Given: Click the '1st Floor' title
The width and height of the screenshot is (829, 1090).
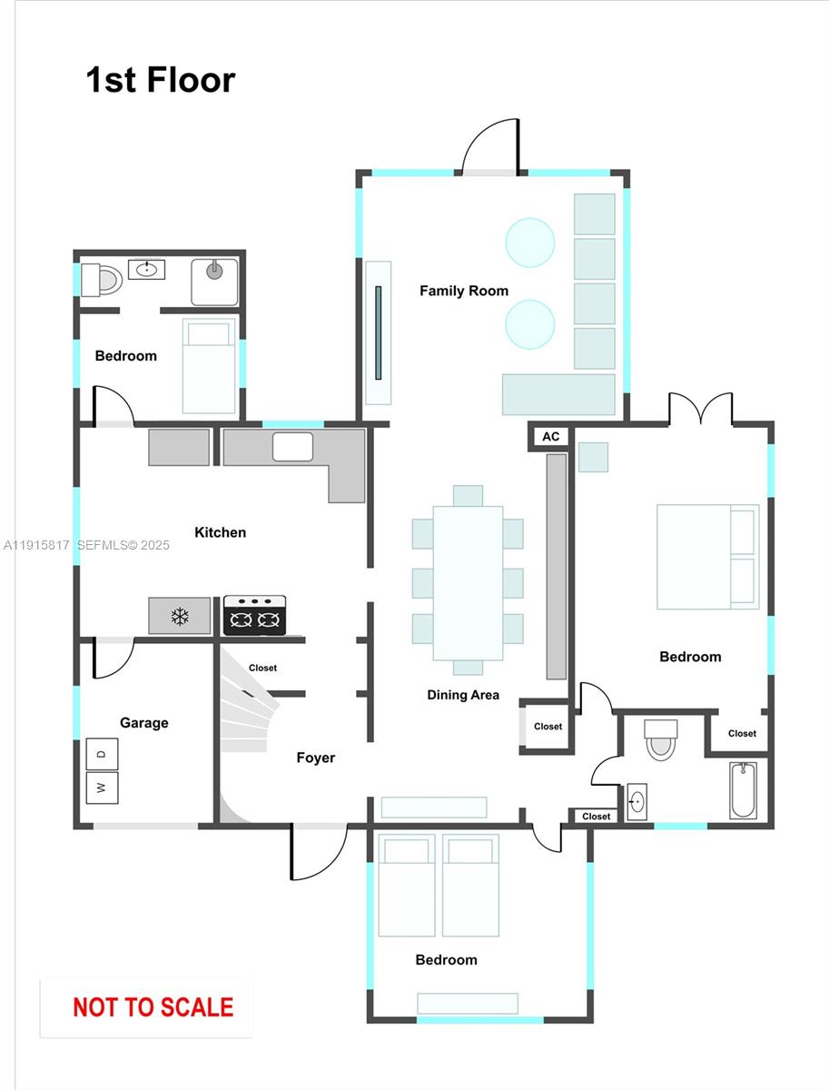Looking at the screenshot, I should coord(160,80).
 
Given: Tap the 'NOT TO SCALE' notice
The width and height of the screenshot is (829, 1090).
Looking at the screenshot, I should coord(153,1007).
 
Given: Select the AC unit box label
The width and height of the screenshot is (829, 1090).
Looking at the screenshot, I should coord(550,437).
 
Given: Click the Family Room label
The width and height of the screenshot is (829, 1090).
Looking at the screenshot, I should coord(463,291).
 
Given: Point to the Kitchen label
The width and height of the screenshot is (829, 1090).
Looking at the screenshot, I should coord(220,532).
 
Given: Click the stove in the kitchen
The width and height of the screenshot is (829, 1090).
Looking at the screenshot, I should coord(254,615).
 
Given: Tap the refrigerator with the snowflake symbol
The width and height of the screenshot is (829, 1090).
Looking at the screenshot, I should coord(180,616).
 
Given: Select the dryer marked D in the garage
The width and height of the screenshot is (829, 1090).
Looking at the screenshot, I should coord(102,753).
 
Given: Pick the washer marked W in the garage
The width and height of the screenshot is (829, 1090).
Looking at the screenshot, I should coord(102,788).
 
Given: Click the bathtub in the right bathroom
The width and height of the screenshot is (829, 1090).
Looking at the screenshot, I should coord(742,788).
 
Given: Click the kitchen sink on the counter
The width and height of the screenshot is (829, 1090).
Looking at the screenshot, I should coord(292,447).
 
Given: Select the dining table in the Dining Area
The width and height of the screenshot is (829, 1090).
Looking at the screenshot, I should coord(468,582).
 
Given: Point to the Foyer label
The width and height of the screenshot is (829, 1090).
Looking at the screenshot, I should coord(315,758).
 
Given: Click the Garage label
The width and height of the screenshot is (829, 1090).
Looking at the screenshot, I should coord(143,723).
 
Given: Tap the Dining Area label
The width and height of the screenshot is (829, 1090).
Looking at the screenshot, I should coord(463,695).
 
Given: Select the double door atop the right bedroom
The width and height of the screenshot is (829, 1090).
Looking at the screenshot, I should coord(700,410).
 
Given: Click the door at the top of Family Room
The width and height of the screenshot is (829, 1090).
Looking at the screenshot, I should coord(490,145).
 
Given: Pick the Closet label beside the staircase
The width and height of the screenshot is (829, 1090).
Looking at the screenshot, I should coord(262,668).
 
